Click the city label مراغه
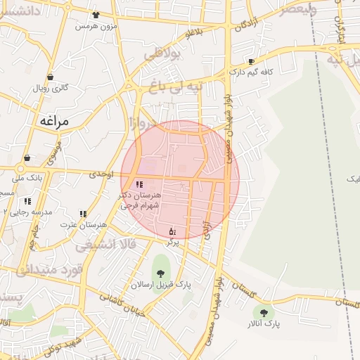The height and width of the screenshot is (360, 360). (53, 121)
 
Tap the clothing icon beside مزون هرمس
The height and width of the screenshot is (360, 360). (96, 14)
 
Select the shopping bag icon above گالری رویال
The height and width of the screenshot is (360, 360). (50, 77)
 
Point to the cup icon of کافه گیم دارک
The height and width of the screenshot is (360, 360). (251, 62)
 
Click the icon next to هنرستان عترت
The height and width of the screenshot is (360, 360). (83, 214)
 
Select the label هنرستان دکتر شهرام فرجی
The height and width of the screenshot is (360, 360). (141, 200)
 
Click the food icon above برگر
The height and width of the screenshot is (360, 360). (172, 231)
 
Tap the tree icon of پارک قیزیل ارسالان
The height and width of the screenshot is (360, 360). (160, 271)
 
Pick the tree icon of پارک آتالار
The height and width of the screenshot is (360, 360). (264, 313)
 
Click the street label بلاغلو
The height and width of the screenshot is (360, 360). (193, 31)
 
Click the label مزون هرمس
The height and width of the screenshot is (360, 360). (95, 25)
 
